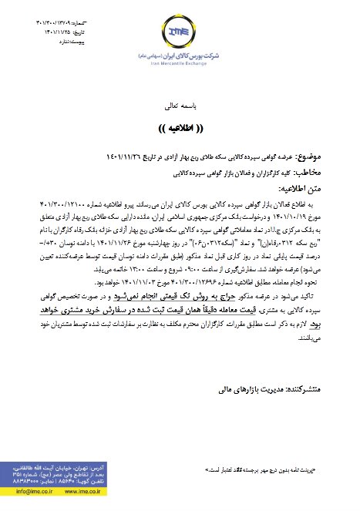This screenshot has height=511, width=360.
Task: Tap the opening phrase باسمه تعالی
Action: coord(180,103)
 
